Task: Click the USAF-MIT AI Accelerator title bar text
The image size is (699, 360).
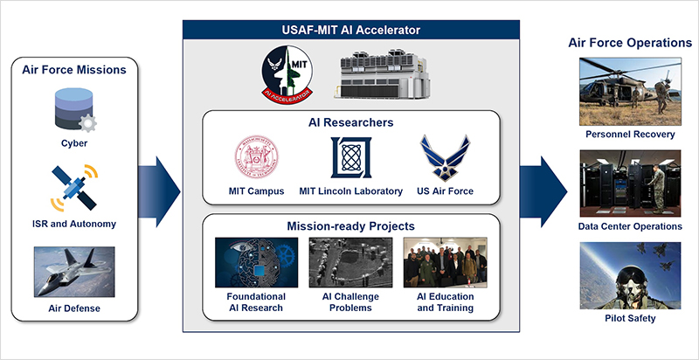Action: point(351,30)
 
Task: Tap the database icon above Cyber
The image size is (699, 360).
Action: point(74,110)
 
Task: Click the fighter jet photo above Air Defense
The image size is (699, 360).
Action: point(74,272)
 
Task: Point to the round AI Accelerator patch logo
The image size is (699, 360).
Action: point(287,75)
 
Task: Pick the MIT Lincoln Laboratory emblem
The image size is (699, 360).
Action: point(351,158)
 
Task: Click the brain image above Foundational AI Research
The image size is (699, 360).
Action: point(256,262)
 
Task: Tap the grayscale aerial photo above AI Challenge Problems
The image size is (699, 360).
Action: point(351,262)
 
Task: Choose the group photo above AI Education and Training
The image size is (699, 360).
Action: point(445,262)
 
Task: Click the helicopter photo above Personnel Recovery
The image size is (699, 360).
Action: point(630,92)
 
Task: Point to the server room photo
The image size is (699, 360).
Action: point(630,183)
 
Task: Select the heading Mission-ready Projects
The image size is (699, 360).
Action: point(351,226)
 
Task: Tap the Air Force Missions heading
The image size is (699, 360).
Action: point(74,70)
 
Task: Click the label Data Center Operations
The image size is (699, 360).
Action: point(630,226)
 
